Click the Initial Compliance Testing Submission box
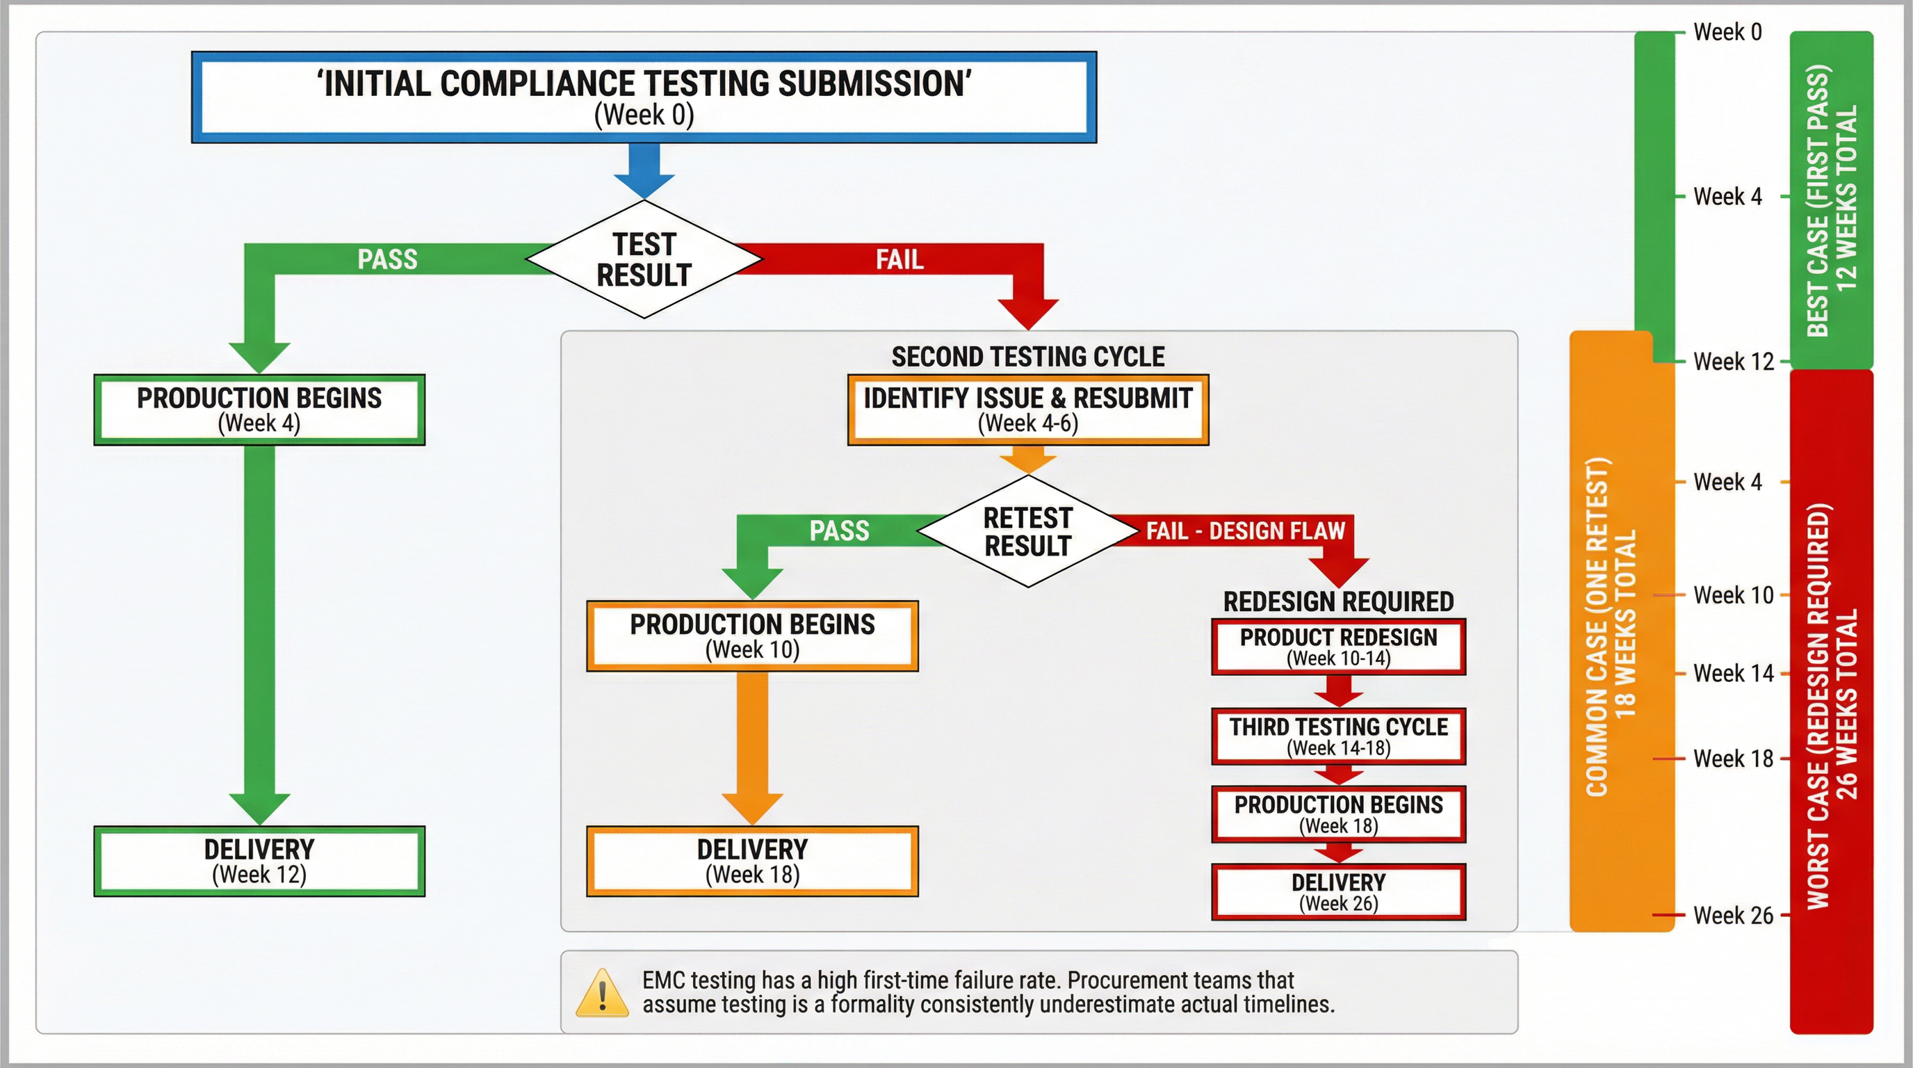pos(644,97)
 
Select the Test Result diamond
pos(644,259)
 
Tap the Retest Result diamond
pos(1028,532)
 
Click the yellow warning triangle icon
pos(602,993)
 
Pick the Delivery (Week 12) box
pos(259,861)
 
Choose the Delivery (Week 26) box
pos(1338,892)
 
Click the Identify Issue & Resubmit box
pos(1028,410)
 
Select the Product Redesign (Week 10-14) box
pos(1338,647)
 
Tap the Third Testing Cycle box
pos(1338,736)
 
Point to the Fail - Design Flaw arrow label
pos(1246,531)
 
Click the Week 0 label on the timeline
pos(1727,32)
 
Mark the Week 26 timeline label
pos(1732,915)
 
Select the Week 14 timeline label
pos(1732,673)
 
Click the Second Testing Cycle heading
pos(1028,357)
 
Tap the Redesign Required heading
pos(1338,601)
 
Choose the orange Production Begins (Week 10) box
pos(752,636)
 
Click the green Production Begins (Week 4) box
pos(259,410)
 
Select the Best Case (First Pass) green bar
pos(1831,200)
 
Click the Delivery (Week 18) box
pos(752,861)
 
